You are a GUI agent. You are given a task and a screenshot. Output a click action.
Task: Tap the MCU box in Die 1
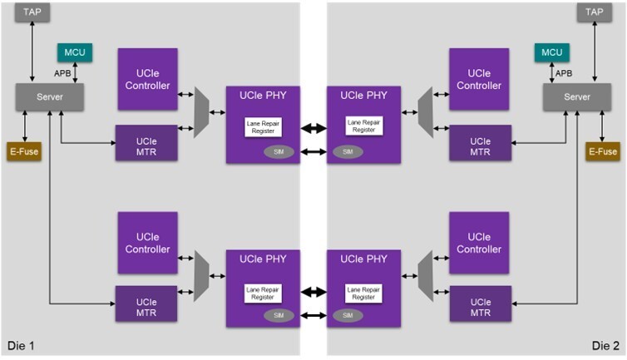[x=75, y=52]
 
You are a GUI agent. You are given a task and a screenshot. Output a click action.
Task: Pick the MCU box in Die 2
[x=551, y=52]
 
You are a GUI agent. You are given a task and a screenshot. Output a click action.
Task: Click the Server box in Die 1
[x=50, y=98]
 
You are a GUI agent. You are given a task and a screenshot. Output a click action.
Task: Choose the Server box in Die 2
[x=576, y=98]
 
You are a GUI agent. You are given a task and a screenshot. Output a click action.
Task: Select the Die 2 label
[x=605, y=345]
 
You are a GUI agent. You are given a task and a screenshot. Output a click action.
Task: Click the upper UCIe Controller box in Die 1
[x=147, y=79]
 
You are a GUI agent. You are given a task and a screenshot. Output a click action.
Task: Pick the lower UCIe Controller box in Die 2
[x=480, y=243]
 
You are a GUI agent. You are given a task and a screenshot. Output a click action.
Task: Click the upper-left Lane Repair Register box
[x=262, y=127]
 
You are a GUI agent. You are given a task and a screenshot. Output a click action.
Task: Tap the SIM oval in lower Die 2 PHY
[x=348, y=315]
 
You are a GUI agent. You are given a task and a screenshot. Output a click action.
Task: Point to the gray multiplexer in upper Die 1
[x=201, y=112]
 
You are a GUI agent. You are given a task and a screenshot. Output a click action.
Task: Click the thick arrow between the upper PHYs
[x=313, y=128]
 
